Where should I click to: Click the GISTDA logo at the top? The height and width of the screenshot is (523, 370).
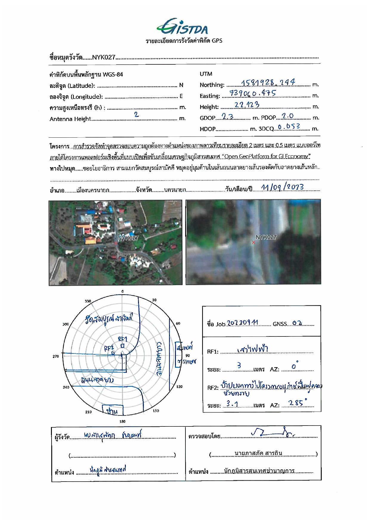point(182,27)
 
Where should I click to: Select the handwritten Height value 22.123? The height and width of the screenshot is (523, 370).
point(247,105)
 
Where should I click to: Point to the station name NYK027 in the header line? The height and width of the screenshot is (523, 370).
point(103,58)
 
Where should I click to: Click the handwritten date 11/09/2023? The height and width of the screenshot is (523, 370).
point(282,187)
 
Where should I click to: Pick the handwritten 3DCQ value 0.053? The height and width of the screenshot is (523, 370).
point(289,127)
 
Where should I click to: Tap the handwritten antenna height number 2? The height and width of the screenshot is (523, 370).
point(136,114)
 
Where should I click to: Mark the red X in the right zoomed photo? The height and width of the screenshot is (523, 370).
point(253,243)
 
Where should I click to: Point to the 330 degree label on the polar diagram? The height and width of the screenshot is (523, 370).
point(88,301)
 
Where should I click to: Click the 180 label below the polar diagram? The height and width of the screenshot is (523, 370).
point(122,421)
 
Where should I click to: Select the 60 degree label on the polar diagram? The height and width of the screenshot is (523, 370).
point(178,323)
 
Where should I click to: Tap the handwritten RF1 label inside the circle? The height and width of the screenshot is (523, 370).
point(123,339)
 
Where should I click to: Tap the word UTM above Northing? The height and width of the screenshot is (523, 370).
point(206,74)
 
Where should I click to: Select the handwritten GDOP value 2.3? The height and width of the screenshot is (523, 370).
point(227,117)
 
